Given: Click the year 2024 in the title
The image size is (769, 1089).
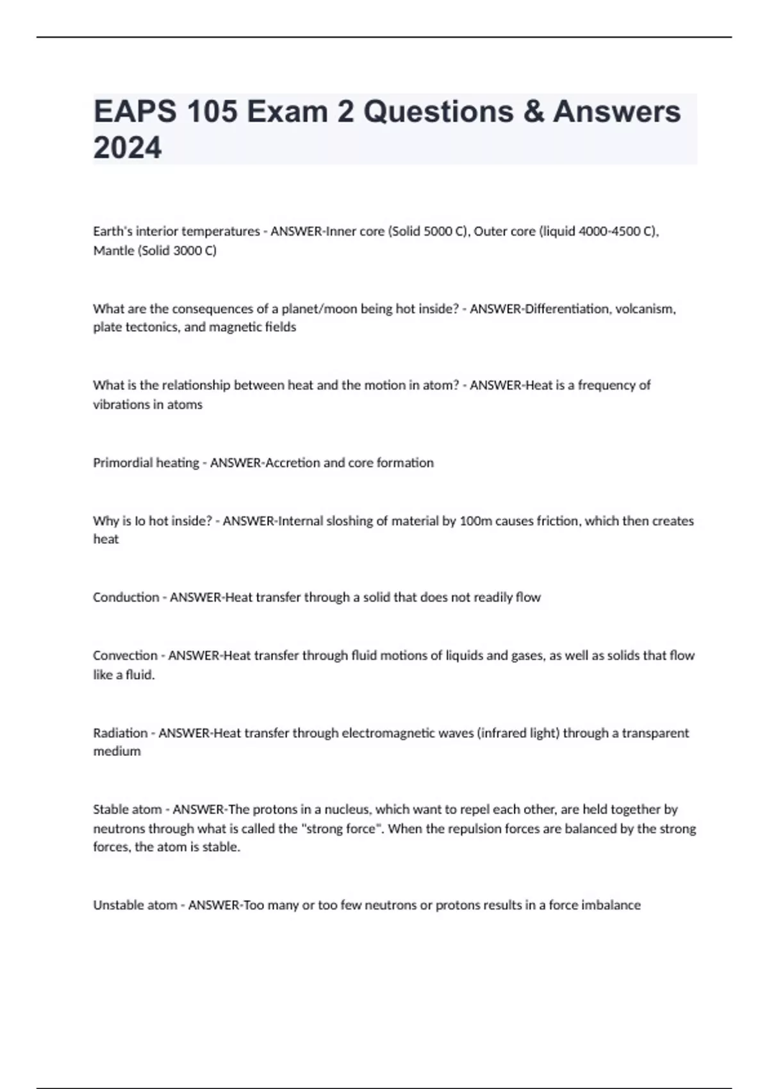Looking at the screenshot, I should pyautogui.click(x=128, y=147).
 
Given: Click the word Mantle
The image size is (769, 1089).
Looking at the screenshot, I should pyautogui.click(x=113, y=250).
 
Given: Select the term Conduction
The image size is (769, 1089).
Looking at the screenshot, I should pyautogui.click(x=126, y=597).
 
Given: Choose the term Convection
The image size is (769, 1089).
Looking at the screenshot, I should pyautogui.click(x=125, y=655).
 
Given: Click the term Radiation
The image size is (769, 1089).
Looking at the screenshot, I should pyautogui.click(x=120, y=733).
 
